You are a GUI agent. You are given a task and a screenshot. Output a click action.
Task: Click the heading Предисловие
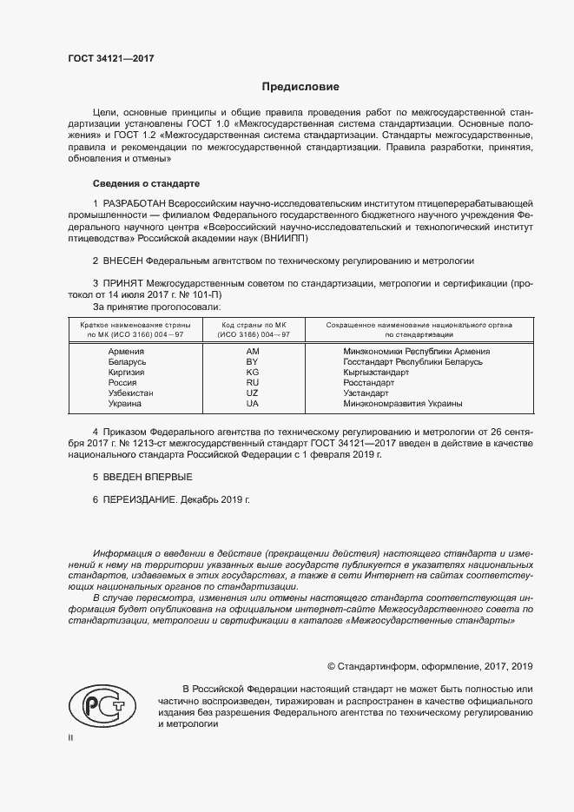[x=301, y=87]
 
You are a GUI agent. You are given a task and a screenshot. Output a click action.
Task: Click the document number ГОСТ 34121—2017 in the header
[x=105, y=59]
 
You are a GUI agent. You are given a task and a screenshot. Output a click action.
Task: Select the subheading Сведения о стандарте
[x=146, y=184]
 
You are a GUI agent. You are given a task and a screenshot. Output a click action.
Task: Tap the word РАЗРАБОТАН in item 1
[x=135, y=202]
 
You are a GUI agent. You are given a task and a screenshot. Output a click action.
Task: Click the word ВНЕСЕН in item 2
[x=123, y=261]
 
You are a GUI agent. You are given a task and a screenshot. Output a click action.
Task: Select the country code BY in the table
[x=253, y=361]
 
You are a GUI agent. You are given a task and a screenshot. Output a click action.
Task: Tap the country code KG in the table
[x=253, y=372]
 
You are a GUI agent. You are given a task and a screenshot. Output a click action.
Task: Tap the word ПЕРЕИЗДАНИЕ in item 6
[x=142, y=501]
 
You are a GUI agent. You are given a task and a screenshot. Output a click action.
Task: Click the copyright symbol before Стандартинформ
[x=331, y=666]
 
